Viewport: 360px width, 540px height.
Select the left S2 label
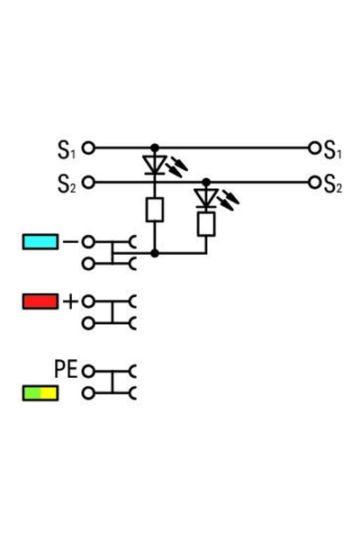(x=67, y=184)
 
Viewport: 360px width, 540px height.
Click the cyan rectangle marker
(x=40, y=241)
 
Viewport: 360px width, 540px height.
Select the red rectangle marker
(x=40, y=301)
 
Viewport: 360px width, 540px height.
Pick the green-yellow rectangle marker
(x=40, y=393)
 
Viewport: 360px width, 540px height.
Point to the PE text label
(x=65, y=369)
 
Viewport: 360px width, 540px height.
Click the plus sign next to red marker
(x=69, y=301)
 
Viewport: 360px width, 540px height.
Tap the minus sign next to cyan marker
(x=69, y=241)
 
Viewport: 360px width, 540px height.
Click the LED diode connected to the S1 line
(x=155, y=166)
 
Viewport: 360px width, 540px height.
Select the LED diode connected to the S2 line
(x=206, y=197)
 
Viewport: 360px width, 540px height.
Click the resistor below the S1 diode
(x=155, y=210)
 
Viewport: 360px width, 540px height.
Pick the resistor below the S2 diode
(x=206, y=223)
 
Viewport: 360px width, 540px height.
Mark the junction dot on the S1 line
(x=155, y=147)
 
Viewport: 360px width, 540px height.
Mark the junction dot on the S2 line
(x=206, y=183)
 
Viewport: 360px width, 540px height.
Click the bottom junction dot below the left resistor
(x=155, y=254)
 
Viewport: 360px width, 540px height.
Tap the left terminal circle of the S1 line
(x=88, y=148)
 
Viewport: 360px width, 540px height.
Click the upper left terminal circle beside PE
(x=88, y=370)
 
